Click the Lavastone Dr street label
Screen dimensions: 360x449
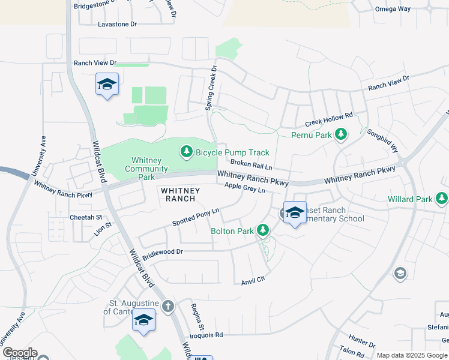pos(118,25)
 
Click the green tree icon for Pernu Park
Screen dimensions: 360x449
pos(341,134)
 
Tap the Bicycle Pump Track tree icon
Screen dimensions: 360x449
pos(186,153)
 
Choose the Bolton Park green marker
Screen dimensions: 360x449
pos(262,230)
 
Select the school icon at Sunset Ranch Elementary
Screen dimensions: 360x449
pos(294,213)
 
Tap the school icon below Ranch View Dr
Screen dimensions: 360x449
pos(106,85)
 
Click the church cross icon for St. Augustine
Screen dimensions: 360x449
pos(168,307)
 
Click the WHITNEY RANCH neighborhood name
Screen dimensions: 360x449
pos(176,194)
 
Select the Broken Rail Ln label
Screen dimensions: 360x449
pos(251,164)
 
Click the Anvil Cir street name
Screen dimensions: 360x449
pos(253,281)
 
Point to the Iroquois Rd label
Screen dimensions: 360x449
pos(206,335)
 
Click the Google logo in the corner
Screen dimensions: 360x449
pos(20,353)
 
